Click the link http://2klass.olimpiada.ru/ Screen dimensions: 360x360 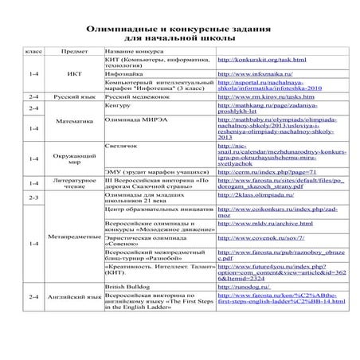pos(255,194)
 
